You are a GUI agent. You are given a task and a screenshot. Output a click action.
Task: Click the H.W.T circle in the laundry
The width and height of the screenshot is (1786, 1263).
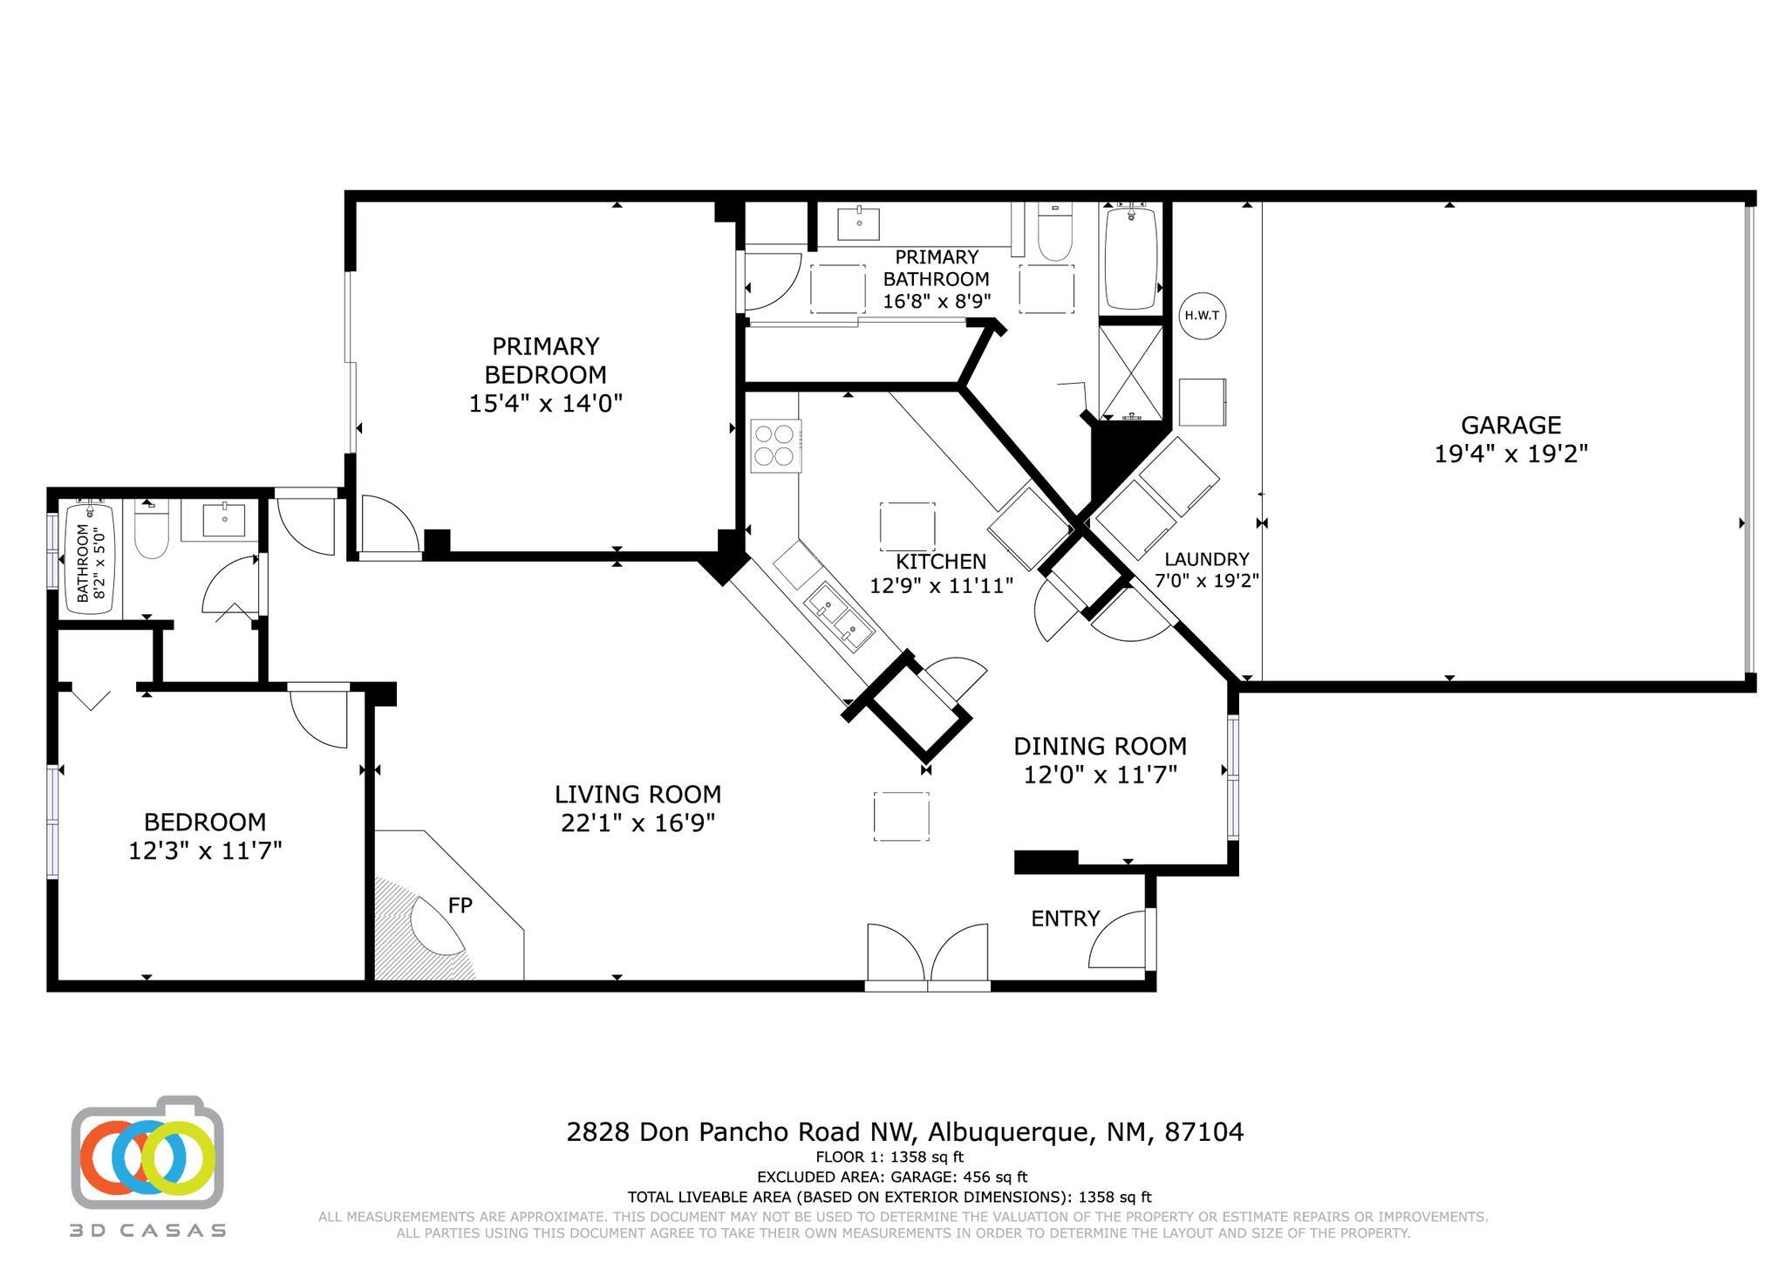(x=1203, y=315)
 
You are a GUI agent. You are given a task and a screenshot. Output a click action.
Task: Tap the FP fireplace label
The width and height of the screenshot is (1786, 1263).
(x=460, y=905)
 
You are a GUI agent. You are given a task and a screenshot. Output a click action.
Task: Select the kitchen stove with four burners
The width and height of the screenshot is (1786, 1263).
(x=775, y=445)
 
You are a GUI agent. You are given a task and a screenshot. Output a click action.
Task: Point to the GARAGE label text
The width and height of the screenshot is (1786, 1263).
(x=1510, y=425)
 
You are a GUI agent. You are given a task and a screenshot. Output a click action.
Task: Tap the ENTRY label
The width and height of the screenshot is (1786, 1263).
(x=1065, y=918)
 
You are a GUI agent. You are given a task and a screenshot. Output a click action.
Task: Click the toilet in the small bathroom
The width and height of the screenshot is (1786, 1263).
(x=152, y=529)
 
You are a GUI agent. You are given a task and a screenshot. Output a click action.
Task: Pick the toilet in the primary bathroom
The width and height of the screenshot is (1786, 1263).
(x=1055, y=232)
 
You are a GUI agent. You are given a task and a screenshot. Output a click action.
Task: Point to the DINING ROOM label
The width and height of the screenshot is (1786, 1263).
(x=1100, y=747)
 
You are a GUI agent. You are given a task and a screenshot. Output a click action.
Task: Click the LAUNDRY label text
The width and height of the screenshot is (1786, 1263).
(x=1206, y=559)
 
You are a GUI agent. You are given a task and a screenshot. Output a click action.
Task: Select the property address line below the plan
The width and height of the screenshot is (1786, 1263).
(x=904, y=1132)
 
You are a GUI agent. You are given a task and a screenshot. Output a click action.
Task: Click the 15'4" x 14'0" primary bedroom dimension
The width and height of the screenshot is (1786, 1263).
(x=546, y=403)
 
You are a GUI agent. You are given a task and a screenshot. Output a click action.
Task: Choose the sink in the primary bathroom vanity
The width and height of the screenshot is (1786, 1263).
(x=859, y=222)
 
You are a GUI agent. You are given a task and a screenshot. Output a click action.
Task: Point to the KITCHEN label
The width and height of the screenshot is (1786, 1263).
(x=941, y=562)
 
